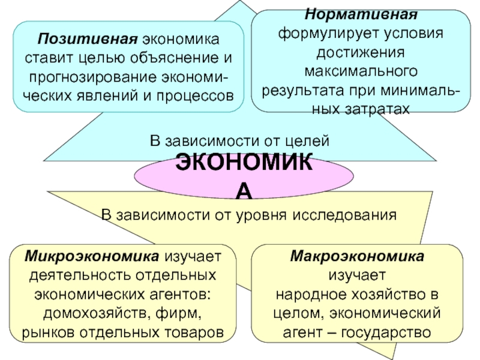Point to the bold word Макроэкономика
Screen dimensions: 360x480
point(357,257)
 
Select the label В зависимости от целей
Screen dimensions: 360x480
point(240,141)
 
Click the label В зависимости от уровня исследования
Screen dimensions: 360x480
point(248,214)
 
